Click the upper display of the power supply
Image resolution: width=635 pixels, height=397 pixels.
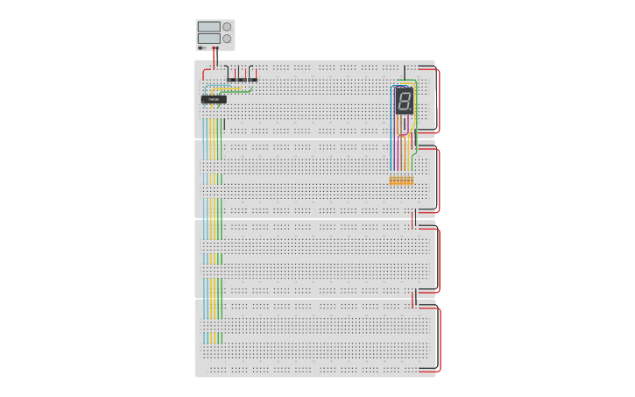pyautogui.click(x=208, y=27)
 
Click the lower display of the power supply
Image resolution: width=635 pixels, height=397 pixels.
pyautogui.click(x=208, y=39)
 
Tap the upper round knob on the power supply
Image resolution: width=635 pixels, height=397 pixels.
pyautogui.click(x=227, y=27)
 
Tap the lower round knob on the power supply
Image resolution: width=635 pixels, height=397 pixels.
pyautogui.click(x=227, y=39)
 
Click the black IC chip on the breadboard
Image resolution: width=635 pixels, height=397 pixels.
pyautogui.click(x=214, y=99)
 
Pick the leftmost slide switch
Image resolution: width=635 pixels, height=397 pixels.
pyautogui.click(x=232, y=79)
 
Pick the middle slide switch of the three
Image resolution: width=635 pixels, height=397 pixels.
pyautogui.click(x=243, y=79)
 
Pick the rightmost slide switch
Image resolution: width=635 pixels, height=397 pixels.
pyautogui.click(x=253, y=79)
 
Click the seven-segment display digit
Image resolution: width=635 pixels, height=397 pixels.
pyautogui.click(x=403, y=101)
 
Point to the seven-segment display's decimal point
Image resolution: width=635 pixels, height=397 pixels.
pyautogui.click(x=410, y=111)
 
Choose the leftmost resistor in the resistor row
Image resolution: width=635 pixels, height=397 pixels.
pyautogui.click(x=392, y=181)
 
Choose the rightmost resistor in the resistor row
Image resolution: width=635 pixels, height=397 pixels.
pyautogui.click(x=412, y=181)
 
